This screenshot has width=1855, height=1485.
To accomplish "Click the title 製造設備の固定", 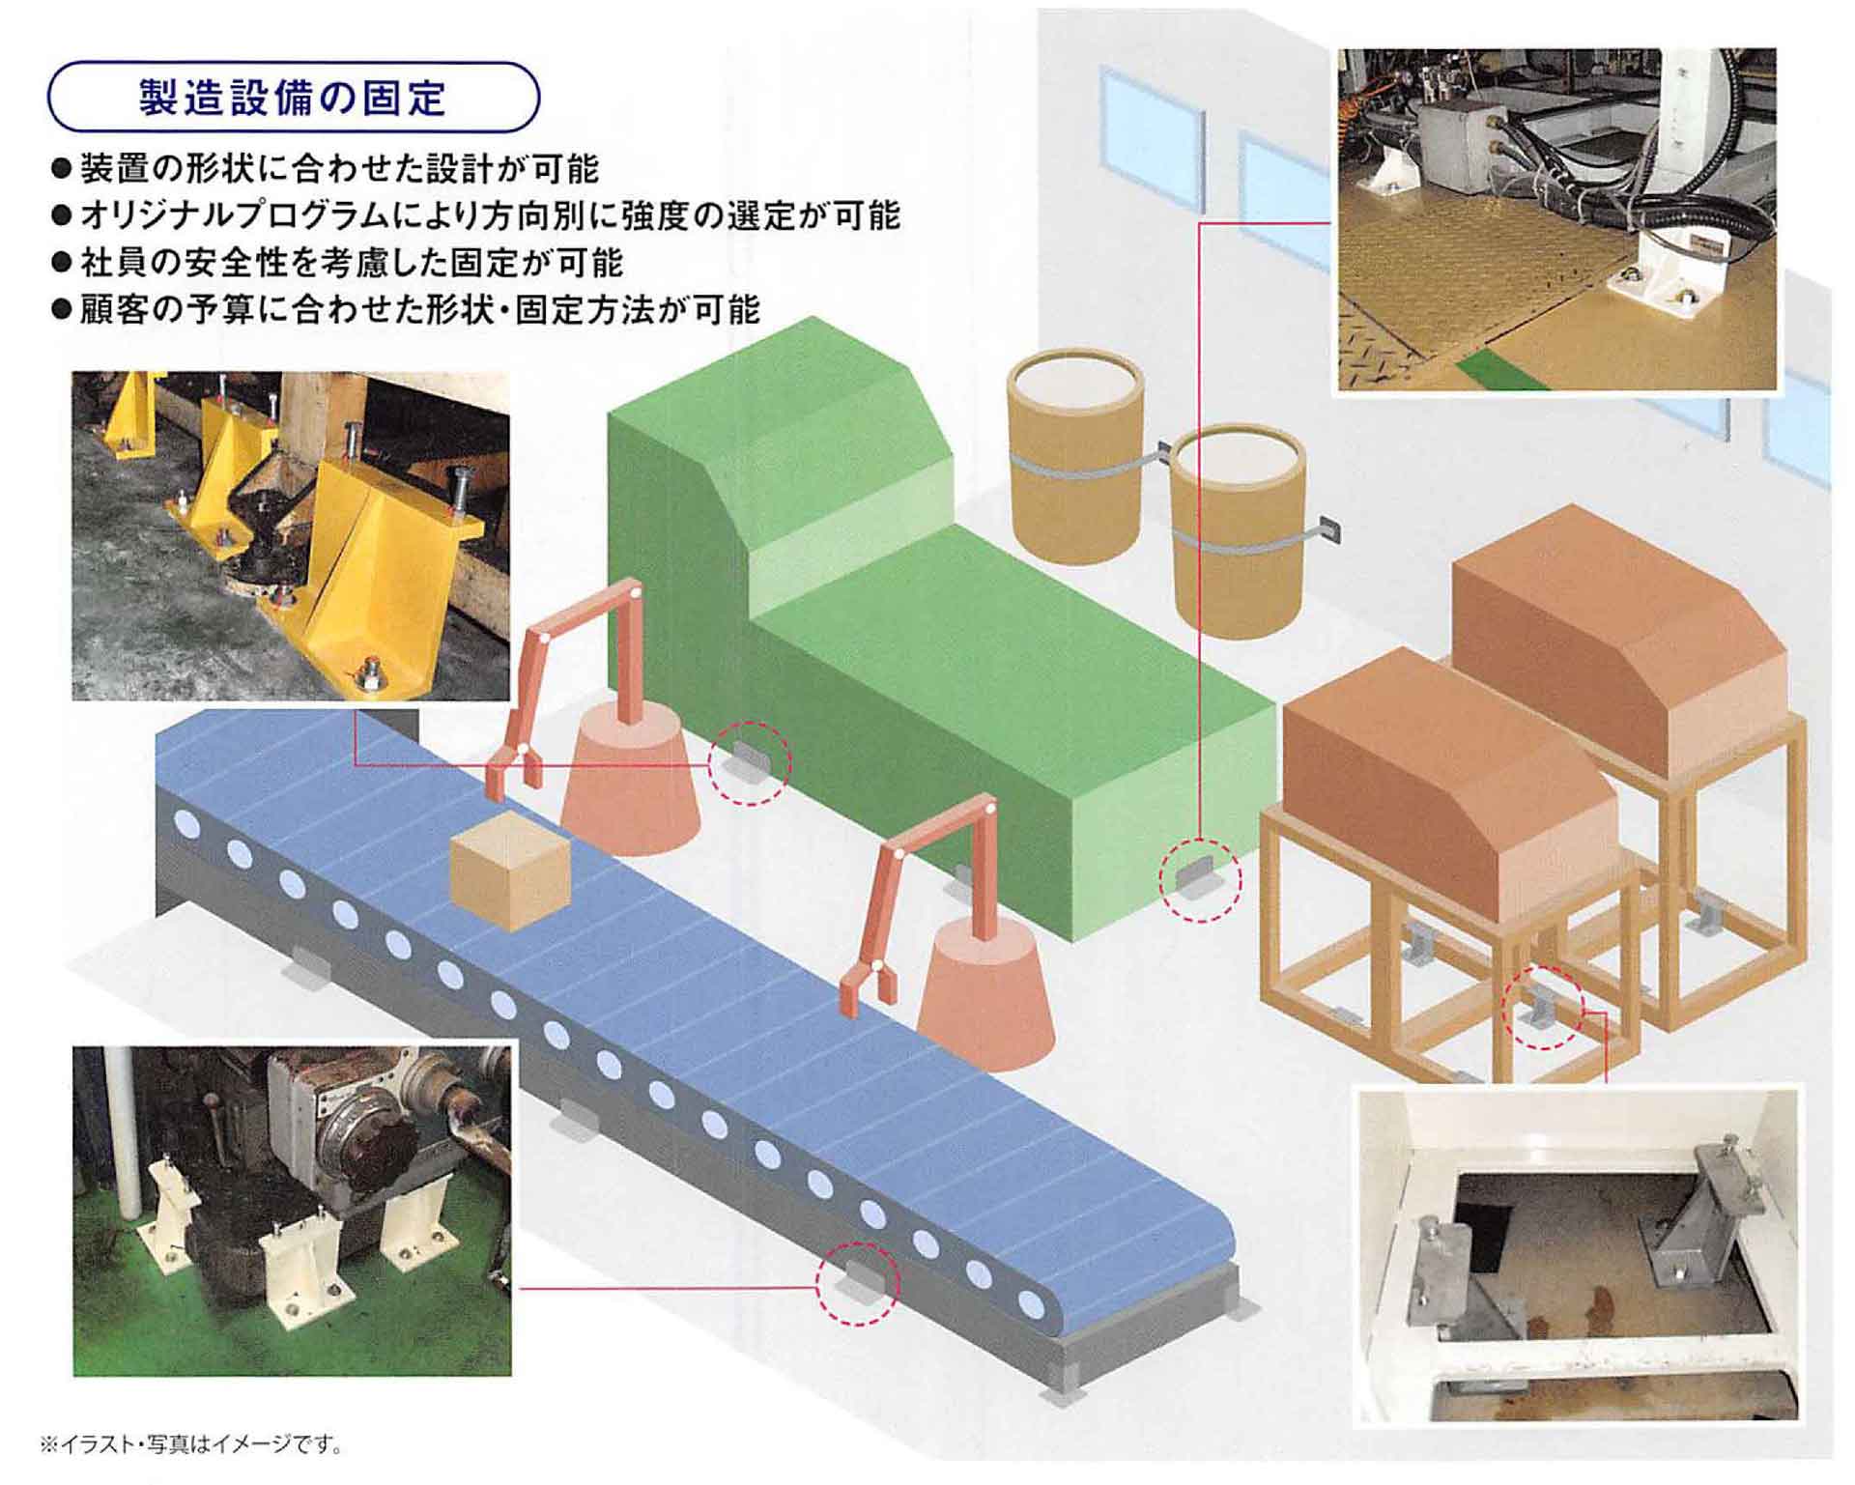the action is (x=293, y=98).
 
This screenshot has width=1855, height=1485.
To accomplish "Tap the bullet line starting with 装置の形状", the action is (x=326, y=169).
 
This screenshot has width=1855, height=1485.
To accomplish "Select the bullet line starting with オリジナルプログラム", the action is (x=476, y=215).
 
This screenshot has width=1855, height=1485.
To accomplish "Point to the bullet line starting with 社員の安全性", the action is (x=338, y=263).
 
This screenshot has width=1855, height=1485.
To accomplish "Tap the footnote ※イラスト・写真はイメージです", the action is (x=191, y=1445).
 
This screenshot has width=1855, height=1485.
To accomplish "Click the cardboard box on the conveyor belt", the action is (x=510, y=871).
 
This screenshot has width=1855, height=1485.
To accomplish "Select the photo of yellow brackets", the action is (x=291, y=536).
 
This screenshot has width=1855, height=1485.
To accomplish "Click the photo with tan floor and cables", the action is (x=1555, y=220).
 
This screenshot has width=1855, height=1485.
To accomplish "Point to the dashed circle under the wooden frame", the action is (x=1544, y=1007).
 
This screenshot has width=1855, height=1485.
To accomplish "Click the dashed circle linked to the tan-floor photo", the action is (x=1200, y=879).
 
